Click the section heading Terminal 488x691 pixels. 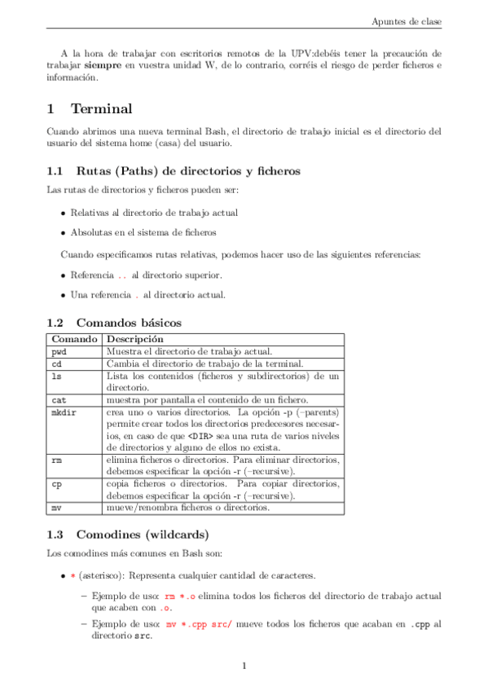pos(101,109)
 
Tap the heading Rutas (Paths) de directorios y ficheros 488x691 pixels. pos(188,171)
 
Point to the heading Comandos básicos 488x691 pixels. pos(128,323)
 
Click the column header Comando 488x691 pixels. pos(74,339)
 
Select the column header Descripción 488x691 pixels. pos(135,339)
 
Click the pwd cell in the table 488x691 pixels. pos(59,351)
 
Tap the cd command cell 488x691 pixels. pos(56,363)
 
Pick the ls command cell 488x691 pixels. pos(56,376)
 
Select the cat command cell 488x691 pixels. pos(59,400)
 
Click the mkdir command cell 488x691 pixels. pos(64,412)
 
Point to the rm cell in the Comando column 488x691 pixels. pos(56,460)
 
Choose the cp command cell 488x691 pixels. pos(56,484)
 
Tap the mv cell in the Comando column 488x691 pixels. pos(56,508)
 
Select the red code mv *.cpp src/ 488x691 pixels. pos(199,624)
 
